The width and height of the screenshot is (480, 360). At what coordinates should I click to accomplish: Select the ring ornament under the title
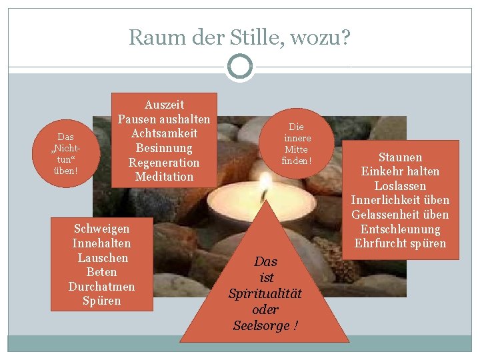[240, 67]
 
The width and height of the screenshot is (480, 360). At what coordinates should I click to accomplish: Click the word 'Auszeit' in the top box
[164, 105]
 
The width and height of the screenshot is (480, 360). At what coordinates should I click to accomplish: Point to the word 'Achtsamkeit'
[164, 133]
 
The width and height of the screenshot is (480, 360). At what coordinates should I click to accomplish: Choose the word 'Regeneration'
[164, 163]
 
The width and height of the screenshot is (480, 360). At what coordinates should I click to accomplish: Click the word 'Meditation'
[164, 177]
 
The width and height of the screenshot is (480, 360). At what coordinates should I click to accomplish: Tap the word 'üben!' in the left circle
[66, 171]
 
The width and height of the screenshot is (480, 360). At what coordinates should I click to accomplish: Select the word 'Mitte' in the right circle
[296, 149]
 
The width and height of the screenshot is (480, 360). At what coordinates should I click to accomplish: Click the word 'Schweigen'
[101, 229]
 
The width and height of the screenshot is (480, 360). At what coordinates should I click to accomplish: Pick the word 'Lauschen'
[103, 257]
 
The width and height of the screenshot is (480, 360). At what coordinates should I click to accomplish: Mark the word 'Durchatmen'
[101, 286]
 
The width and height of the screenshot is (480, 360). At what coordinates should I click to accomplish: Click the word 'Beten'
[101, 272]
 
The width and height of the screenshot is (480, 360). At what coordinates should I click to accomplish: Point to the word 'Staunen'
[400, 157]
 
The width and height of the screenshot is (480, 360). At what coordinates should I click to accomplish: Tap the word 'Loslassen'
[400, 186]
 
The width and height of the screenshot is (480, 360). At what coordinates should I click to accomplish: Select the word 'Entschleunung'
[400, 229]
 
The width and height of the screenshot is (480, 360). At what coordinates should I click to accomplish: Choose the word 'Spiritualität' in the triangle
[265, 293]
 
